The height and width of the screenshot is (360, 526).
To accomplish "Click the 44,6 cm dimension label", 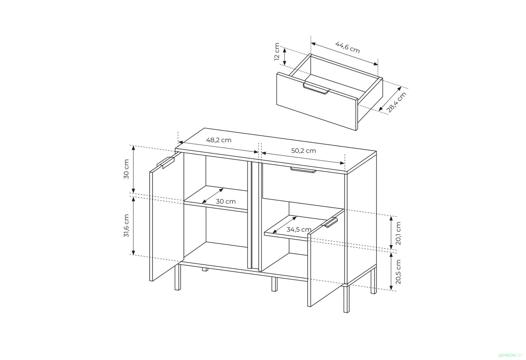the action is pos(347,47).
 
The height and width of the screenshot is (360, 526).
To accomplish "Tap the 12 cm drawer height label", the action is pos(277,52).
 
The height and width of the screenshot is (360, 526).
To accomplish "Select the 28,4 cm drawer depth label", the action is pos(396,102).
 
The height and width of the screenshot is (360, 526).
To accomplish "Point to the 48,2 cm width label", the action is pos(219,140).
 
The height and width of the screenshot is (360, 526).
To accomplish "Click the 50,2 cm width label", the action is pos(304,151).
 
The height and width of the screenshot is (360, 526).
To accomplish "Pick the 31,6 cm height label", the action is pos(126,226).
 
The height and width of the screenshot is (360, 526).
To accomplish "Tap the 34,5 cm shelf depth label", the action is pos(299,229).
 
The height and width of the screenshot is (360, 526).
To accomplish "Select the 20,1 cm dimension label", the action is pos(398,233).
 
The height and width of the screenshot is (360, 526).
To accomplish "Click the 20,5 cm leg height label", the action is pos(398,272).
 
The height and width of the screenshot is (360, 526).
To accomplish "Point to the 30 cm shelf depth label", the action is pos(226,201).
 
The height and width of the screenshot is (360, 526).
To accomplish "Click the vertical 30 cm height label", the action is pos(126,169).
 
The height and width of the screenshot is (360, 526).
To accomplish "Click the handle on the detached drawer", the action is pos(316,88).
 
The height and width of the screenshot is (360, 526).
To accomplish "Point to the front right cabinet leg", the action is pos(346,299).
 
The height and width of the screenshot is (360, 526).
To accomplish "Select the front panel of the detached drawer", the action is pos(316,101).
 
